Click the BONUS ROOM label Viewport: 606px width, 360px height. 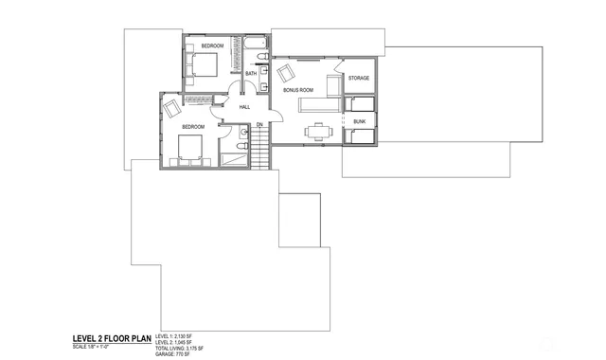pyautogui.click(x=298, y=90)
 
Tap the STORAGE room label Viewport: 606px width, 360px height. pyautogui.click(x=358, y=78)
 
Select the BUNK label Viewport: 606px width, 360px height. pyautogui.click(x=359, y=121)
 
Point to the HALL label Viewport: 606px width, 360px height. pyautogui.click(x=244, y=107)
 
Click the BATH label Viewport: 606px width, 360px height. pyautogui.click(x=251, y=73)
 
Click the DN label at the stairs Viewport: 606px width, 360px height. pyautogui.click(x=258, y=125)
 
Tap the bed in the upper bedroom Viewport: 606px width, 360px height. pyautogui.click(x=204, y=64)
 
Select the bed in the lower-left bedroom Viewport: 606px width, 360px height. pyautogui.click(x=189, y=148)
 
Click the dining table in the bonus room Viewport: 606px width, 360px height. pyautogui.click(x=317, y=131)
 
